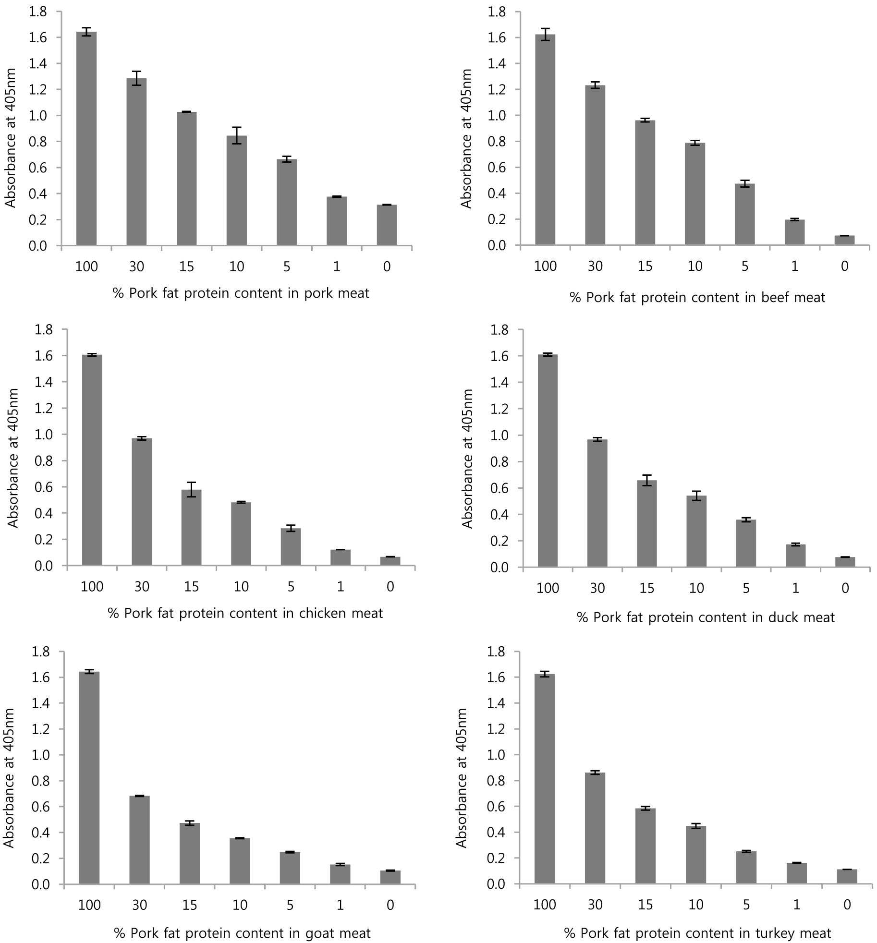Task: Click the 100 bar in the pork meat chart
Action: click(x=86, y=139)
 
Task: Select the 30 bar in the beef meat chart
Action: click(x=595, y=165)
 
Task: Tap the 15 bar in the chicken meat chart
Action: click(x=191, y=528)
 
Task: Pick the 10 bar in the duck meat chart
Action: click(x=696, y=532)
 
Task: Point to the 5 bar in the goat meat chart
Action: click(x=290, y=868)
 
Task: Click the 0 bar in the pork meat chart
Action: click(x=387, y=225)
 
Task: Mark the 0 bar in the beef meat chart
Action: click(x=845, y=241)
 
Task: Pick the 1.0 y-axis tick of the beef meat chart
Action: click(x=497, y=116)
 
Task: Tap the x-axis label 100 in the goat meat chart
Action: click(x=89, y=905)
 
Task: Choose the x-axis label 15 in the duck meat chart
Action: click(x=647, y=588)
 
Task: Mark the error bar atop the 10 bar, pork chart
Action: click(x=237, y=135)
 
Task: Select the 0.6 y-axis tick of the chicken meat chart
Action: click(x=44, y=487)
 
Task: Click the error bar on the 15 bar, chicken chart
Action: click(x=191, y=489)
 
